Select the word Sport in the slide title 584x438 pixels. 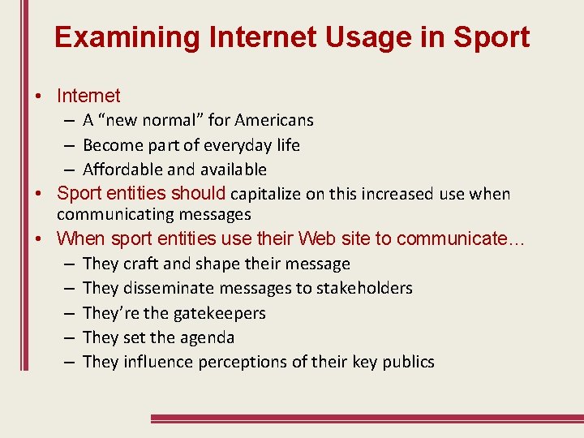click(492, 37)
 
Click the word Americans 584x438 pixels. click(274, 120)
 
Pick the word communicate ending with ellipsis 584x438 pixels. click(461, 238)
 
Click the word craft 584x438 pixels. click(140, 264)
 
